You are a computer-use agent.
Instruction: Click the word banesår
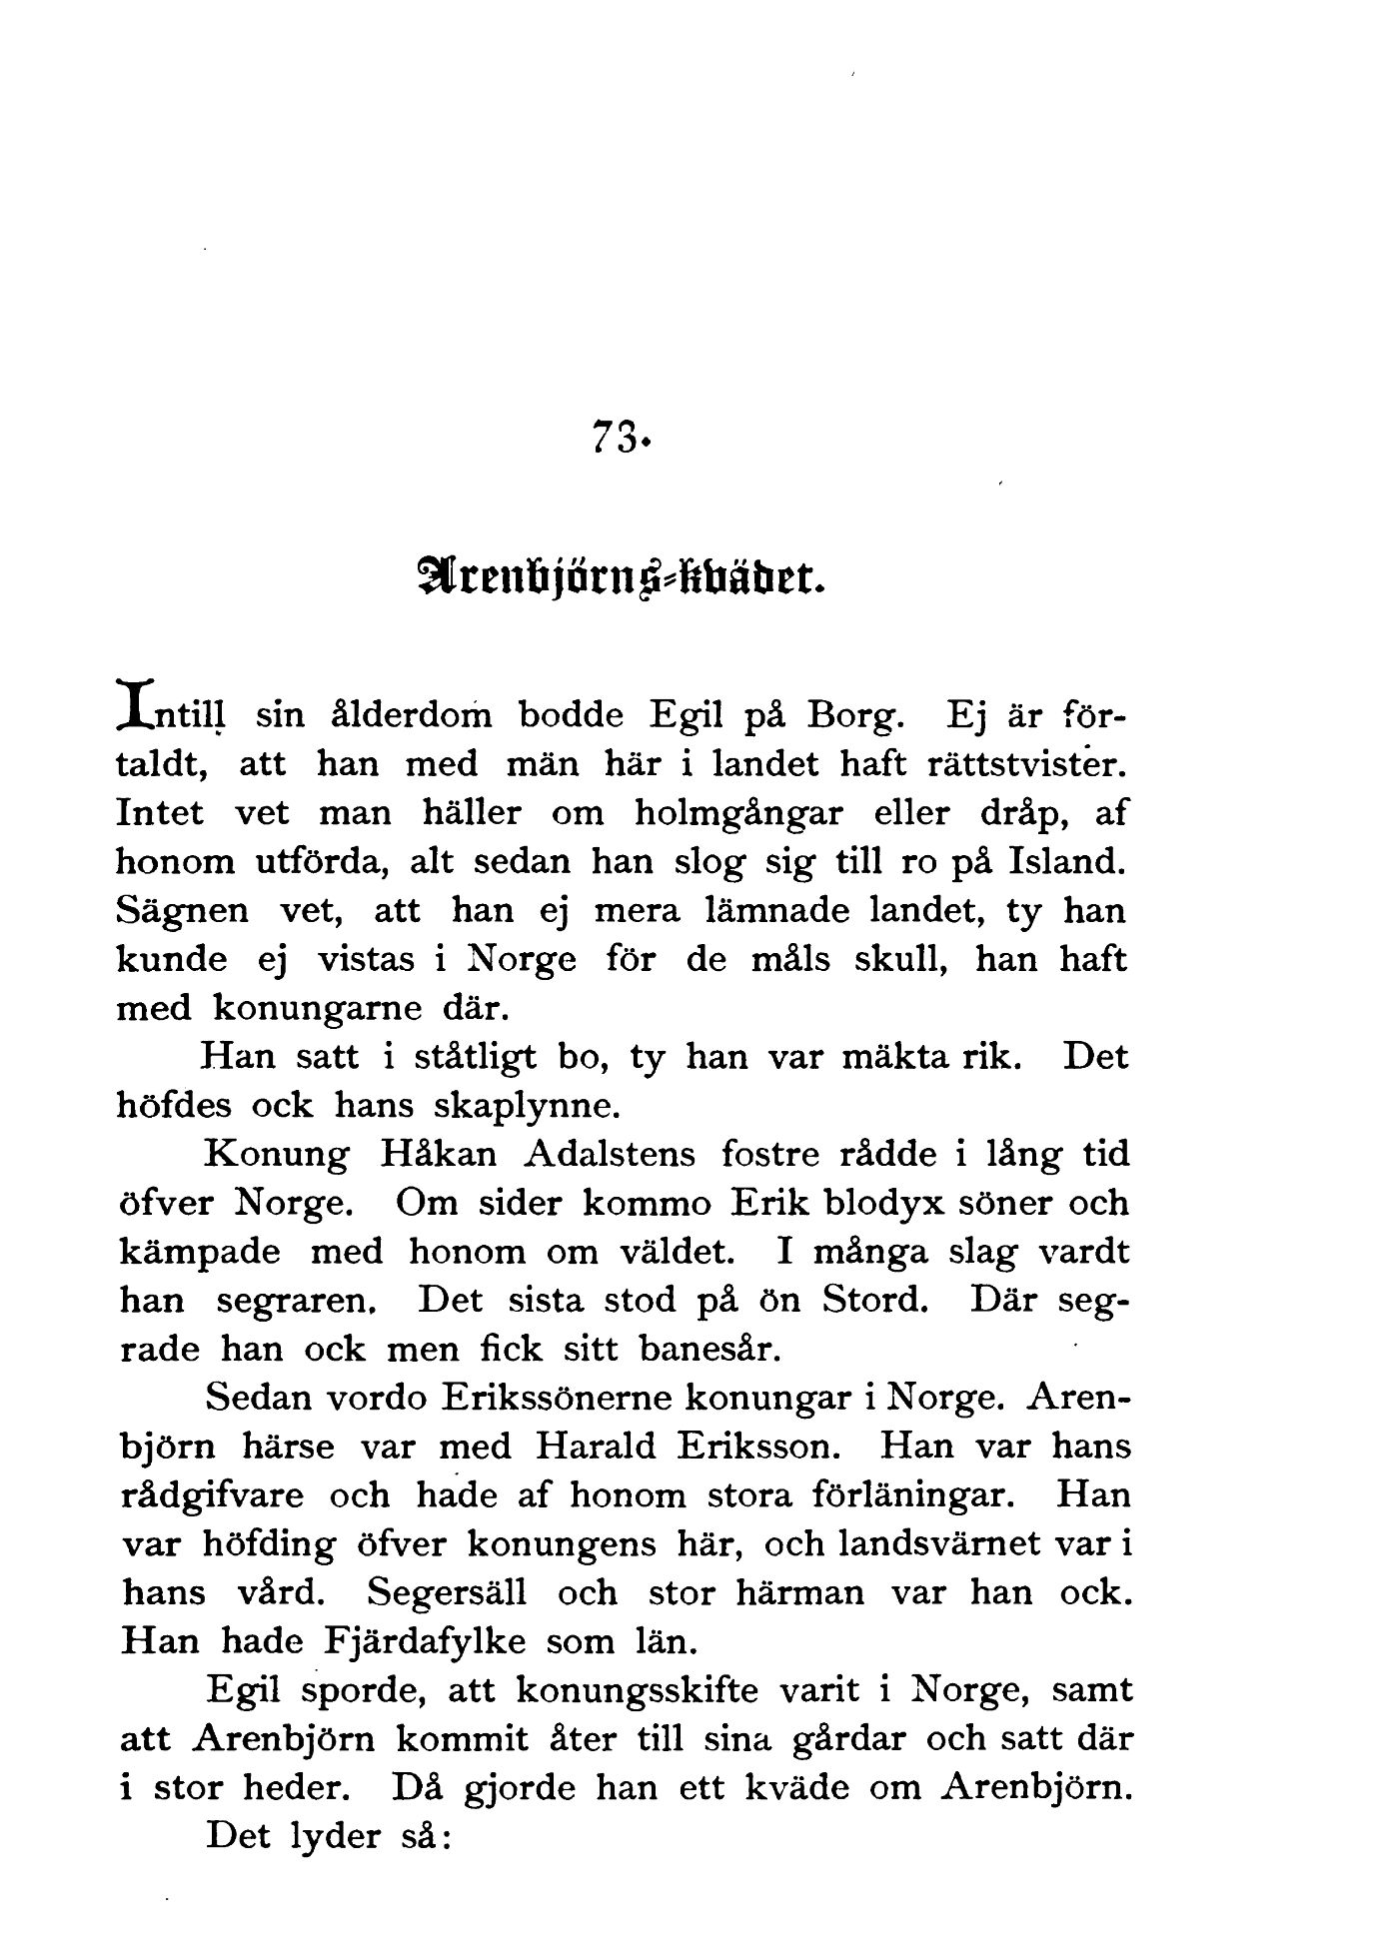[x=708, y=1350]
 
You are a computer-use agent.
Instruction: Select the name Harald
[x=596, y=1447]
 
